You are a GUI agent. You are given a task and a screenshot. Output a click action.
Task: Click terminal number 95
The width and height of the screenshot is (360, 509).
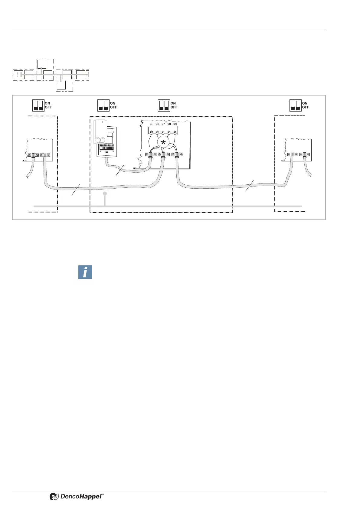(x=152, y=124)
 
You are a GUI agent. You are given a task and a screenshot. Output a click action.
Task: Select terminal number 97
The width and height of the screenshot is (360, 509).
(x=163, y=124)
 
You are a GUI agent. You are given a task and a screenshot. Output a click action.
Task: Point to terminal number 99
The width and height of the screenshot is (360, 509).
(x=175, y=124)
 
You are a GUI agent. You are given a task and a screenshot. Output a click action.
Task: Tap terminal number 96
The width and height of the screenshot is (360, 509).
(x=157, y=124)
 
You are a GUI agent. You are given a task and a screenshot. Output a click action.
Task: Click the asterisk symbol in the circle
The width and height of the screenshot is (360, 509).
(x=163, y=143)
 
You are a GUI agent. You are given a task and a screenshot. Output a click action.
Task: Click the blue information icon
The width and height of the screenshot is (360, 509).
(x=85, y=272)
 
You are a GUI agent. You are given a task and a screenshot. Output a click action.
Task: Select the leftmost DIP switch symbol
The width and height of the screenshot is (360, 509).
(x=38, y=105)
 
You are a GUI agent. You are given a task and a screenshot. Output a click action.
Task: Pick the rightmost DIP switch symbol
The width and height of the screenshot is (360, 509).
(x=296, y=105)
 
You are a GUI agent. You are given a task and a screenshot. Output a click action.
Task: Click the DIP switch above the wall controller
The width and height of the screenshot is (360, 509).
(x=103, y=105)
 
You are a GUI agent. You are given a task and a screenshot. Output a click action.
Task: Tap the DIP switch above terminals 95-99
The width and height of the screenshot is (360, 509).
(x=164, y=105)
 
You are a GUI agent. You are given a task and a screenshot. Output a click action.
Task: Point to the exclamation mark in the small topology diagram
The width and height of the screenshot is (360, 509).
(x=18, y=75)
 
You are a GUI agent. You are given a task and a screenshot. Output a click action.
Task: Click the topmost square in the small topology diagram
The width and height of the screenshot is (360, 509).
(x=42, y=64)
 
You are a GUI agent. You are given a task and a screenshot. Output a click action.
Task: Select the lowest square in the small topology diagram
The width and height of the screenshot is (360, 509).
(x=61, y=85)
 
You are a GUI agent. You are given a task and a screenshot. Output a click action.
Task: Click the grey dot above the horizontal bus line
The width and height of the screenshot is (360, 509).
(x=105, y=193)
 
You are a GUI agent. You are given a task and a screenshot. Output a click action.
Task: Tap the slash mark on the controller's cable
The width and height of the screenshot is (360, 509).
(x=120, y=171)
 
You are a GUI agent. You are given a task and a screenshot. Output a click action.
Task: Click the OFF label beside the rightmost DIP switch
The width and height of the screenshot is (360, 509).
(x=306, y=107)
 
